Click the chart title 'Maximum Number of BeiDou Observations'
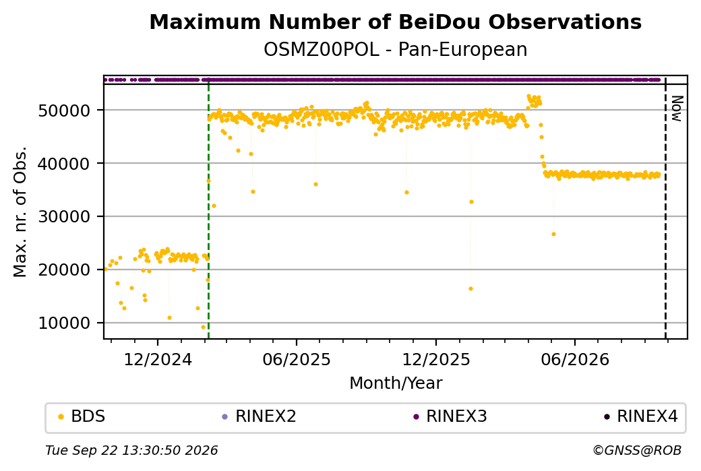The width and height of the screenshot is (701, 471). coord(395,22)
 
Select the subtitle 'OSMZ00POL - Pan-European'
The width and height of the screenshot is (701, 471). coord(395,49)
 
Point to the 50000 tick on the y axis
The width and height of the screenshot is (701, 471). coord(65,111)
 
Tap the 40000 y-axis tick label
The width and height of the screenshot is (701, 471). coord(65,164)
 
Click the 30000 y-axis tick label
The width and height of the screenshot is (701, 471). coord(65,217)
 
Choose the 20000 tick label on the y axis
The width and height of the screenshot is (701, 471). coord(65,270)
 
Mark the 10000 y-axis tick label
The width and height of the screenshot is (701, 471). coord(65,323)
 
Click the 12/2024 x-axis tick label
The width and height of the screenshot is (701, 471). coord(157,359)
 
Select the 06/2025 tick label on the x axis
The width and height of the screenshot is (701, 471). coord(297,359)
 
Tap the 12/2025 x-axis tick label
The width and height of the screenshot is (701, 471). coord(436,359)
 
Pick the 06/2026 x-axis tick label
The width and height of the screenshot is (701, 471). coord(575,359)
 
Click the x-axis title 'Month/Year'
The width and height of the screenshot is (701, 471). coord(396,383)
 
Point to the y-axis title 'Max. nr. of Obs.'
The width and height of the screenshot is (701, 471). coord(20,212)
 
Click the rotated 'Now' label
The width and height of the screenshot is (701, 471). coord(677,108)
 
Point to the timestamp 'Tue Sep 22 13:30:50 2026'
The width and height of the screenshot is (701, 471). coord(131,450)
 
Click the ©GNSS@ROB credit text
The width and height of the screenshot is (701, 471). coord(637,450)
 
